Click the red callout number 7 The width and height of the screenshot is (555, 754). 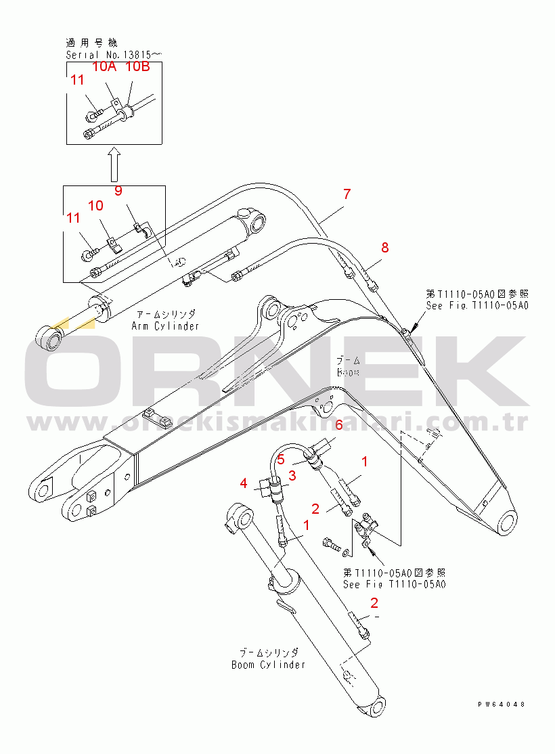click(347, 194)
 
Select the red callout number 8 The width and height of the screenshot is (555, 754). click(384, 248)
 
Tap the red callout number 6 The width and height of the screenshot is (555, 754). click(339, 425)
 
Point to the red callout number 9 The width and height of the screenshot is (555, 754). click(118, 191)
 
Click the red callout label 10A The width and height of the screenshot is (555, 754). click(104, 66)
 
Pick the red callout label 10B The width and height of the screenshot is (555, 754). click(137, 66)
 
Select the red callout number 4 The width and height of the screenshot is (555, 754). click(244, 483)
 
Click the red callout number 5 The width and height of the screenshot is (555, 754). click(280, 460)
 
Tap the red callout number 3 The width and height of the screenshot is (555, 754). click(292, 476)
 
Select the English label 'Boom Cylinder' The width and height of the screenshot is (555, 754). click(268, 665)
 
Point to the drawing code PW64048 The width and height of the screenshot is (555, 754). click(502, 705)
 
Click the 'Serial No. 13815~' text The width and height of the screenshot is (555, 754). click(114, 53)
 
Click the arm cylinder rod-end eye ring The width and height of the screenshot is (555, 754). click(49, 337)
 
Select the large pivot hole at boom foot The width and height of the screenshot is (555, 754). click(507, 524)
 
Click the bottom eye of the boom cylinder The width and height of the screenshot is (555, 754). click(374, 708)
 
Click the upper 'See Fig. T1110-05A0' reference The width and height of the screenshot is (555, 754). click(477, 305)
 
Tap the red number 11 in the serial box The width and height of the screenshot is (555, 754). click(77, 80)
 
